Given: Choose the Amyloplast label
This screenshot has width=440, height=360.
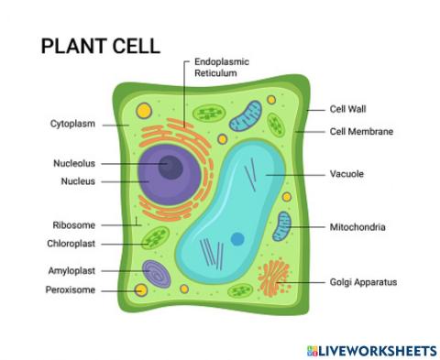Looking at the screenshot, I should (x=71, y=271).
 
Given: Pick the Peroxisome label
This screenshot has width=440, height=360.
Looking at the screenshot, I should (x=71, y=290).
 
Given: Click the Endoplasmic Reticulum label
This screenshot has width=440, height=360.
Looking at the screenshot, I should (x=223, y=68).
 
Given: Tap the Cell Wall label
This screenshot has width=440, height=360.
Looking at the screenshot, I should (x=349, y=108).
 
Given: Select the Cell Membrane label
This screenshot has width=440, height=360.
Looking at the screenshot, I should (x=362, y=131).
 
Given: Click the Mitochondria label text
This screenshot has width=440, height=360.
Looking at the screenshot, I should (x=357, y=226).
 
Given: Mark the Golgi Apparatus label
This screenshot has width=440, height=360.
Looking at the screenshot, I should (x=364, y=282).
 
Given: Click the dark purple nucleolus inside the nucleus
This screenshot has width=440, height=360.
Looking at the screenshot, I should (x=170, y=166).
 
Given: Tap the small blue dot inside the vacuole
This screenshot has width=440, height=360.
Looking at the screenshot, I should (x=237, y=240).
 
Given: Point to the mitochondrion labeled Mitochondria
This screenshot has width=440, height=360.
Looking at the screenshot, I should (x=282, y=226).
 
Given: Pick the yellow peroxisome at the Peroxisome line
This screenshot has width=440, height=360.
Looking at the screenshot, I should (x=140, y=290).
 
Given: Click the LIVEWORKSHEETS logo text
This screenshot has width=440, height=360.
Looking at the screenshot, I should (x=376, y=350).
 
